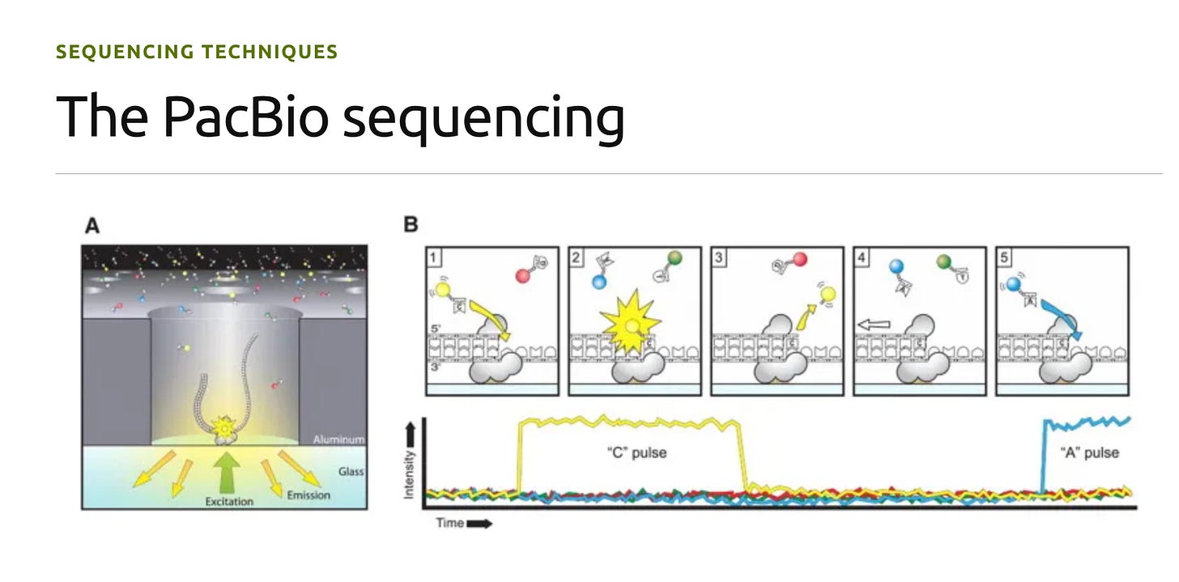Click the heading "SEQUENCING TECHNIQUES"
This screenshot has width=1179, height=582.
(x=197, y=53)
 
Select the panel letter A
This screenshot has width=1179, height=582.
(x=92, y=226)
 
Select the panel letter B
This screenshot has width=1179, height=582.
(x=411, y=225)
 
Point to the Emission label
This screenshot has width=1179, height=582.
(x=308, y=495)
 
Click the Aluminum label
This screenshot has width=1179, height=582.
(x=338, y=440)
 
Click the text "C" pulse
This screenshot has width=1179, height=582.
(x=636, y=452)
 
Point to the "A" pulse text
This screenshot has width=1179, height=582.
(x=1089, y=452)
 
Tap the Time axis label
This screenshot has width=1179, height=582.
(x=450, y=523)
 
